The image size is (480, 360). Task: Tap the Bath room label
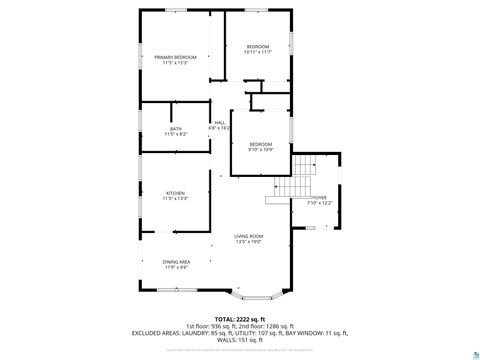(175, 128)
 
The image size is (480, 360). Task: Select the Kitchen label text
(175, 193)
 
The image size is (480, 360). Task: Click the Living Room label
(248, 236)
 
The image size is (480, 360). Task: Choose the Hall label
(219, 123)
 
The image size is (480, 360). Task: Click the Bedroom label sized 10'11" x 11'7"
(258, 47)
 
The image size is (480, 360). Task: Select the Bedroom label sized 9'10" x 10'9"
(260, 144)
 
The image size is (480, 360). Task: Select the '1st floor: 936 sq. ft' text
(205, 325)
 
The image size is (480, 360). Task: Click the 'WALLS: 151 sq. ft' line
(240, 340)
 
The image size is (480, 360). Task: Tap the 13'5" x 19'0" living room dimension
(248, 241)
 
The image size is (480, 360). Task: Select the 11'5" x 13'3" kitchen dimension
(175, 198)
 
